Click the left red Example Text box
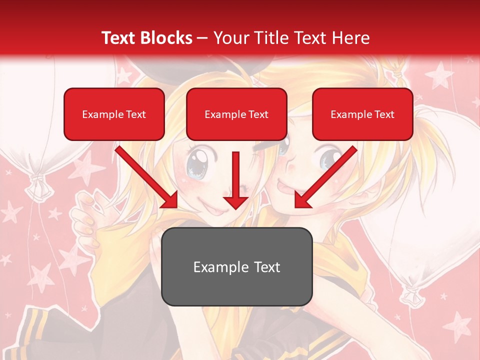tap(114, 114)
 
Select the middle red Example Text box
tap(236, 114)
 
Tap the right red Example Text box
tap(362, 114)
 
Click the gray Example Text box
tap(236, 266)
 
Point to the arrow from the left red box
tap(147, 177)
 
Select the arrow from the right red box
tap(325, 177)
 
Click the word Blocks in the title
tap(166, 37)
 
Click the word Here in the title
tap(350, 37)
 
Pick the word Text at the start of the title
tap(119, 37)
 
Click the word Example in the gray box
tap(220, 266)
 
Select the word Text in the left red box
tap(135, 114)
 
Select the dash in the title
tap(202, 37)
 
